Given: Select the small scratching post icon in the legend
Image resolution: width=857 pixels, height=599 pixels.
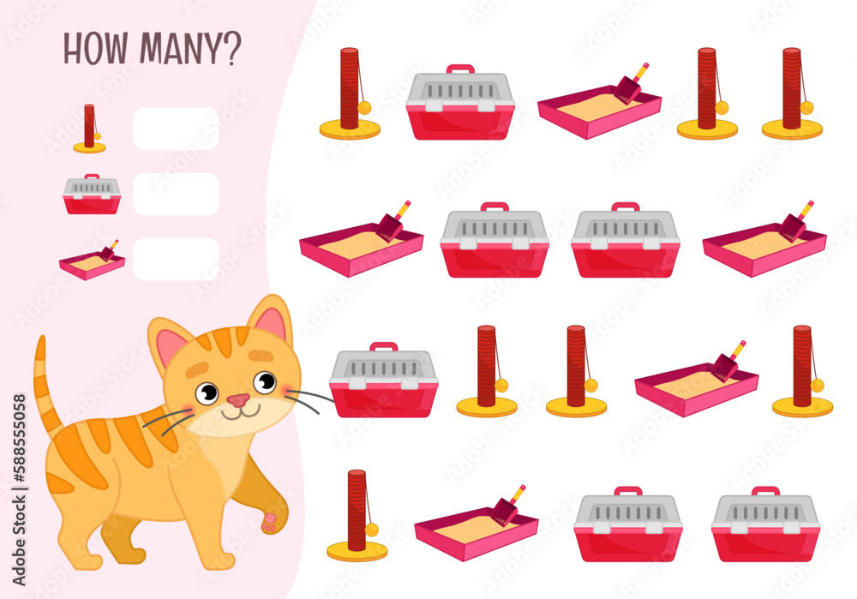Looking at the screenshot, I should click(89, 129).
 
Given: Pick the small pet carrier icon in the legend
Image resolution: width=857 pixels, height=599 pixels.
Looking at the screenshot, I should click(92, 195).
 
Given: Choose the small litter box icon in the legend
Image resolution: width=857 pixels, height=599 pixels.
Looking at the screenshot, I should click(93, 261).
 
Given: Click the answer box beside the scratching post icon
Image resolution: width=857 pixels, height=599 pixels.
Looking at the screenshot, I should click(176, 129).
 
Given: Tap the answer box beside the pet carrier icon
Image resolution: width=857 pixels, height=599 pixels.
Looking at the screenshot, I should click(176, 194).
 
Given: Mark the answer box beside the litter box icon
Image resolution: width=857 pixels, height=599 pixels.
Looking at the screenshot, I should click(176, 259).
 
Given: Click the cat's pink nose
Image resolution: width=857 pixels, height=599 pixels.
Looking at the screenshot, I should click(238, 400).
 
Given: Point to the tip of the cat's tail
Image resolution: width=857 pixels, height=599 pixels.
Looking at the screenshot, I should click(39, 342).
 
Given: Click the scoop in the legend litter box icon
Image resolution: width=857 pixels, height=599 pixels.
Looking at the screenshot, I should click(110, 250).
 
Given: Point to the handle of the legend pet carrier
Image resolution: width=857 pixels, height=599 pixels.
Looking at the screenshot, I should click(92, 177).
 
